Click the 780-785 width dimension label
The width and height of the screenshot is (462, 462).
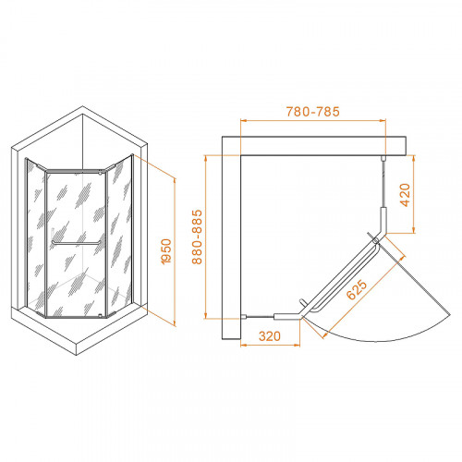pyautogui.click(x=313, y=112)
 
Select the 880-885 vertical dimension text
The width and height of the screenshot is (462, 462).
pyautogui.click(x=197, y=237)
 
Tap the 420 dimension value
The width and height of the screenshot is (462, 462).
pyautogui.click(x=406, y=195)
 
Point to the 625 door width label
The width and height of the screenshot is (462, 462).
pyautogui.click(x=357, y=289)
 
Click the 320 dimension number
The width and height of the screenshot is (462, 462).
pyautogui.click(x=270, y=336)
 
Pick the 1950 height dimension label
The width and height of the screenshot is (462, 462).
pyautogui.click(x=166, y=251)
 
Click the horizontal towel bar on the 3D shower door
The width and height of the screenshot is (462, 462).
pyautogui.click(x=77, y=243)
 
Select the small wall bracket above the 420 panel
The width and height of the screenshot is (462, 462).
pyautogui.click(x=383, y=158)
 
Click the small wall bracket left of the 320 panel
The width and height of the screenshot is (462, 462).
pyautogui.click(x=244, y=316)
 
